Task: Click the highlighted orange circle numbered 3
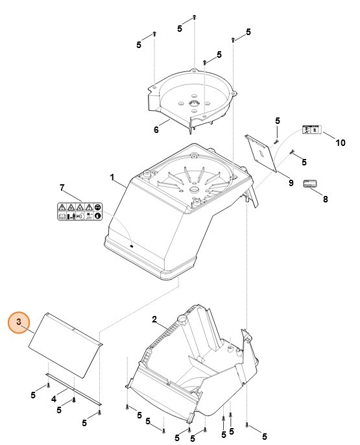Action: (x=19, y=322)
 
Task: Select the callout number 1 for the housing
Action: (x=112, y=176)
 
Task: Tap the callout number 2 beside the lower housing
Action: (x=154, y=319)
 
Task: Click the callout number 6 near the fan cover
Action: (x=156, y=130)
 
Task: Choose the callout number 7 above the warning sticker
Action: (x=62, y=188)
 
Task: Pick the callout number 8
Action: (x=325, y=200)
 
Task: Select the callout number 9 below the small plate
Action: (x=291, y=183)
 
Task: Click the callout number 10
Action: (x=341, y=143)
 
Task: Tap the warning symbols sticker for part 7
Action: (x=80, y=212)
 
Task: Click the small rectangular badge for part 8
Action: (x=310, y=184)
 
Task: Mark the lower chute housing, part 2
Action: (x=195, y=376)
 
